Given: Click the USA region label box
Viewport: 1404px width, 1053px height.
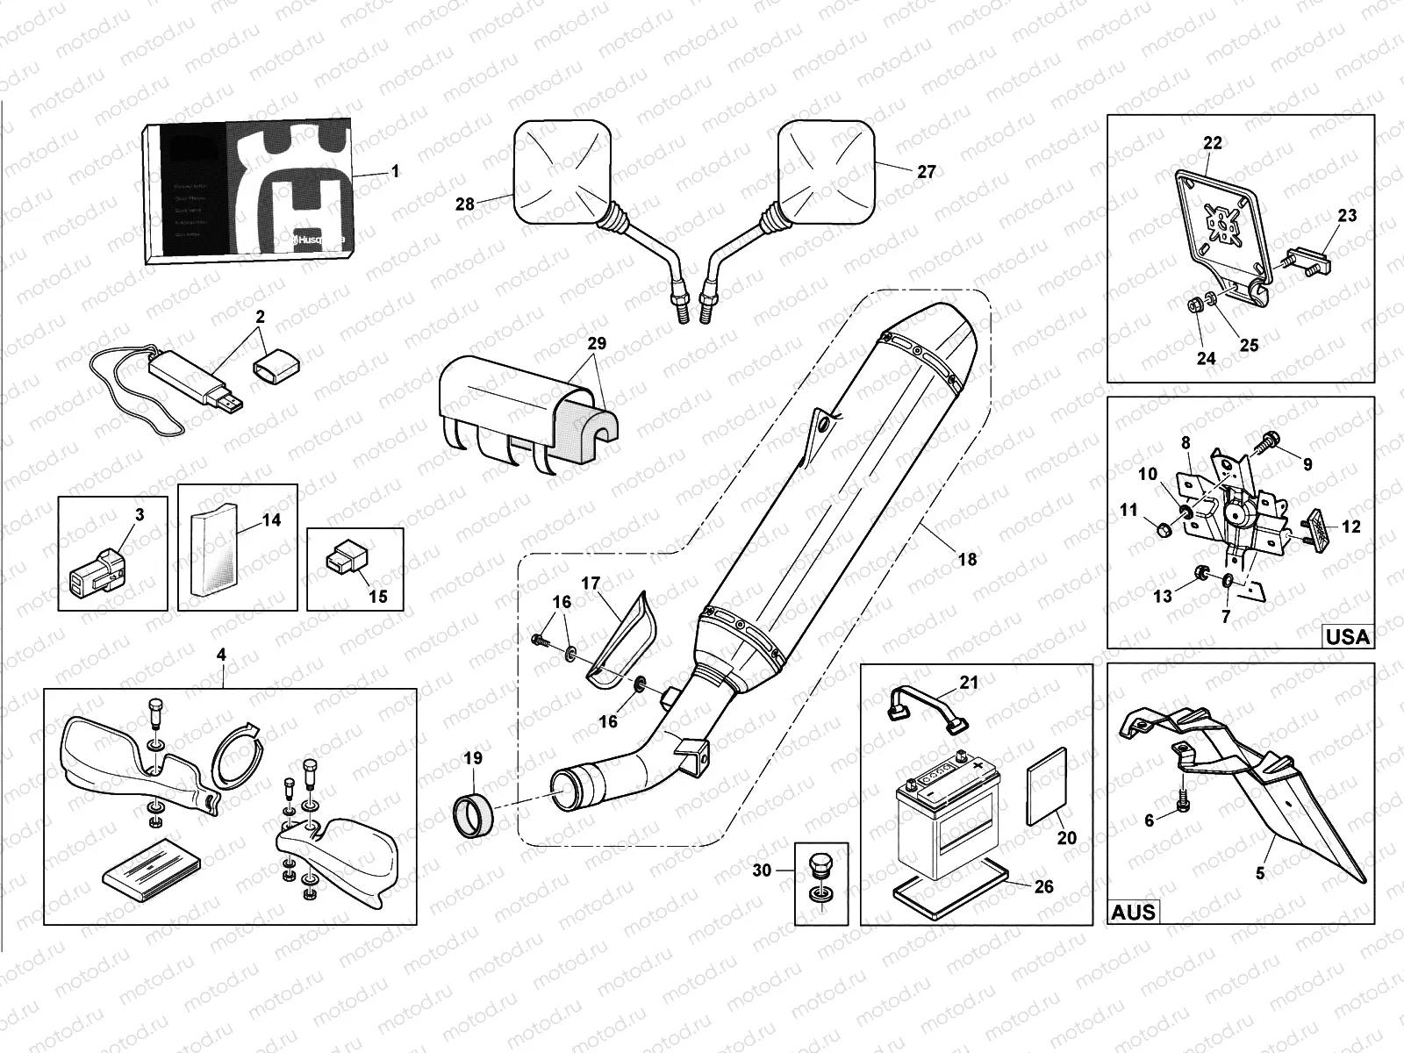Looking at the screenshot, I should [1348, 636].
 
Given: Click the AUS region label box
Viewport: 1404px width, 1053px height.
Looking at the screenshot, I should [1134, 912].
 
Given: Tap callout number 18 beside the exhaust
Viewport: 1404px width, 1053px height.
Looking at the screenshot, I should [966, 559].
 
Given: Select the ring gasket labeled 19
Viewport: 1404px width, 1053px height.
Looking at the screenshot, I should [474, 817].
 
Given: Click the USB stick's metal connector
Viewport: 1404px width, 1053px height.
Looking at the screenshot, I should [232, 404].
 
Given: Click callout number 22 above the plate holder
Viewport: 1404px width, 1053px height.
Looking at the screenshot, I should [1212, 142].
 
